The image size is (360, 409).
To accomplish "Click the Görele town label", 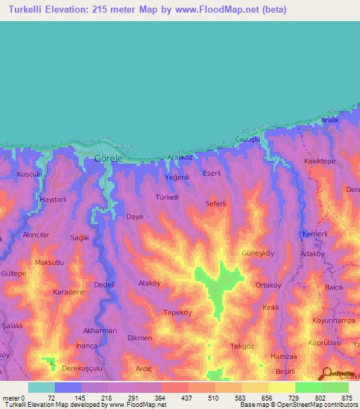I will [x=108, y=159].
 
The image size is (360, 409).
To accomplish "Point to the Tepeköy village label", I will [x=178, y=312].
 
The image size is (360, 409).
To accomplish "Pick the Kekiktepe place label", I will [x=322, y=162].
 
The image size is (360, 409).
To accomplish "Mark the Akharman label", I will [x=100, y=330].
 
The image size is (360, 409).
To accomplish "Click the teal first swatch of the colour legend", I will [x=41, y=387].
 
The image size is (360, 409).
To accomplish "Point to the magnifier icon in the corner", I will [x=327, y=373].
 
